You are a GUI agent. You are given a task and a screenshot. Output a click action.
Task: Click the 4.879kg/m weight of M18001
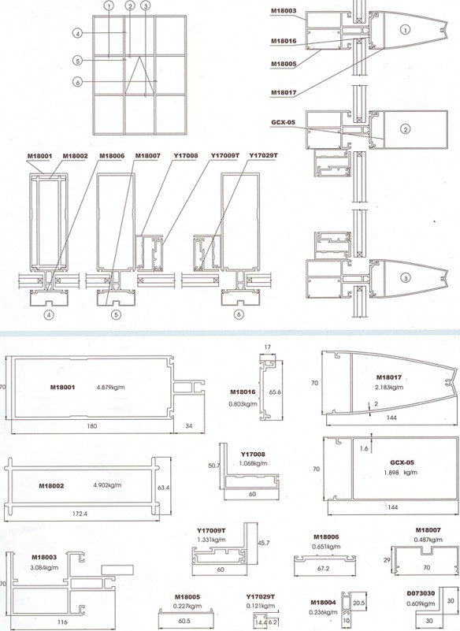(x=111, y=388)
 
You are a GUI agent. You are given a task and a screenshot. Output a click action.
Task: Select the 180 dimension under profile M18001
(x=91, y=425)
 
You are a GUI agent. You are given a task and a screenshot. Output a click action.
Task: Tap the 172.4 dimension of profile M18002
(x=80, y=514)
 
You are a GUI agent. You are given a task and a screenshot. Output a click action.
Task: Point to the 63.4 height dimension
(x=163, y=488)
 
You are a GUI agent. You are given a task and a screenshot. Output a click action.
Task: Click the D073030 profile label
(x=421, y=593)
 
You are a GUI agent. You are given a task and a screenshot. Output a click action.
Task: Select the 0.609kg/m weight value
(x=421, y=603)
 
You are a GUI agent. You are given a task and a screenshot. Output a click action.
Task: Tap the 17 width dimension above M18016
(x=268, y=347)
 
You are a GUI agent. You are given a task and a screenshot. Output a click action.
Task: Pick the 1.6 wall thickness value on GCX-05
(x=364, y=448)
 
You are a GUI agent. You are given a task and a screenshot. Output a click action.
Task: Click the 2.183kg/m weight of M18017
(x=389, y=387)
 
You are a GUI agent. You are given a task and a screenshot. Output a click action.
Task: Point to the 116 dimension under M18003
(x=62, y=622)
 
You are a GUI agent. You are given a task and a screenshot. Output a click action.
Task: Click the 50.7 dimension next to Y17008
(x=214, y=466)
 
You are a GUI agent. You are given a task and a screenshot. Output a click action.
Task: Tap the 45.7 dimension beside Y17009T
(x=264, y=543)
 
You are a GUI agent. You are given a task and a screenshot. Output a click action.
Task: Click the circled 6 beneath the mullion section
(x=239, y=314)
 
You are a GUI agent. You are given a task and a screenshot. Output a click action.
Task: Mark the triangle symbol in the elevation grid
(x=139, y=76)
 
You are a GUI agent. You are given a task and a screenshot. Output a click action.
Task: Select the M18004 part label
(x=323, y=603)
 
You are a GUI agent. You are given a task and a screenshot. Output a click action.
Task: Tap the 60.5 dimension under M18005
(x=184, y=621)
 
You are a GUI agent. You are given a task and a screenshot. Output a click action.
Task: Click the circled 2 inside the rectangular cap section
(x=406, y=129)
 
